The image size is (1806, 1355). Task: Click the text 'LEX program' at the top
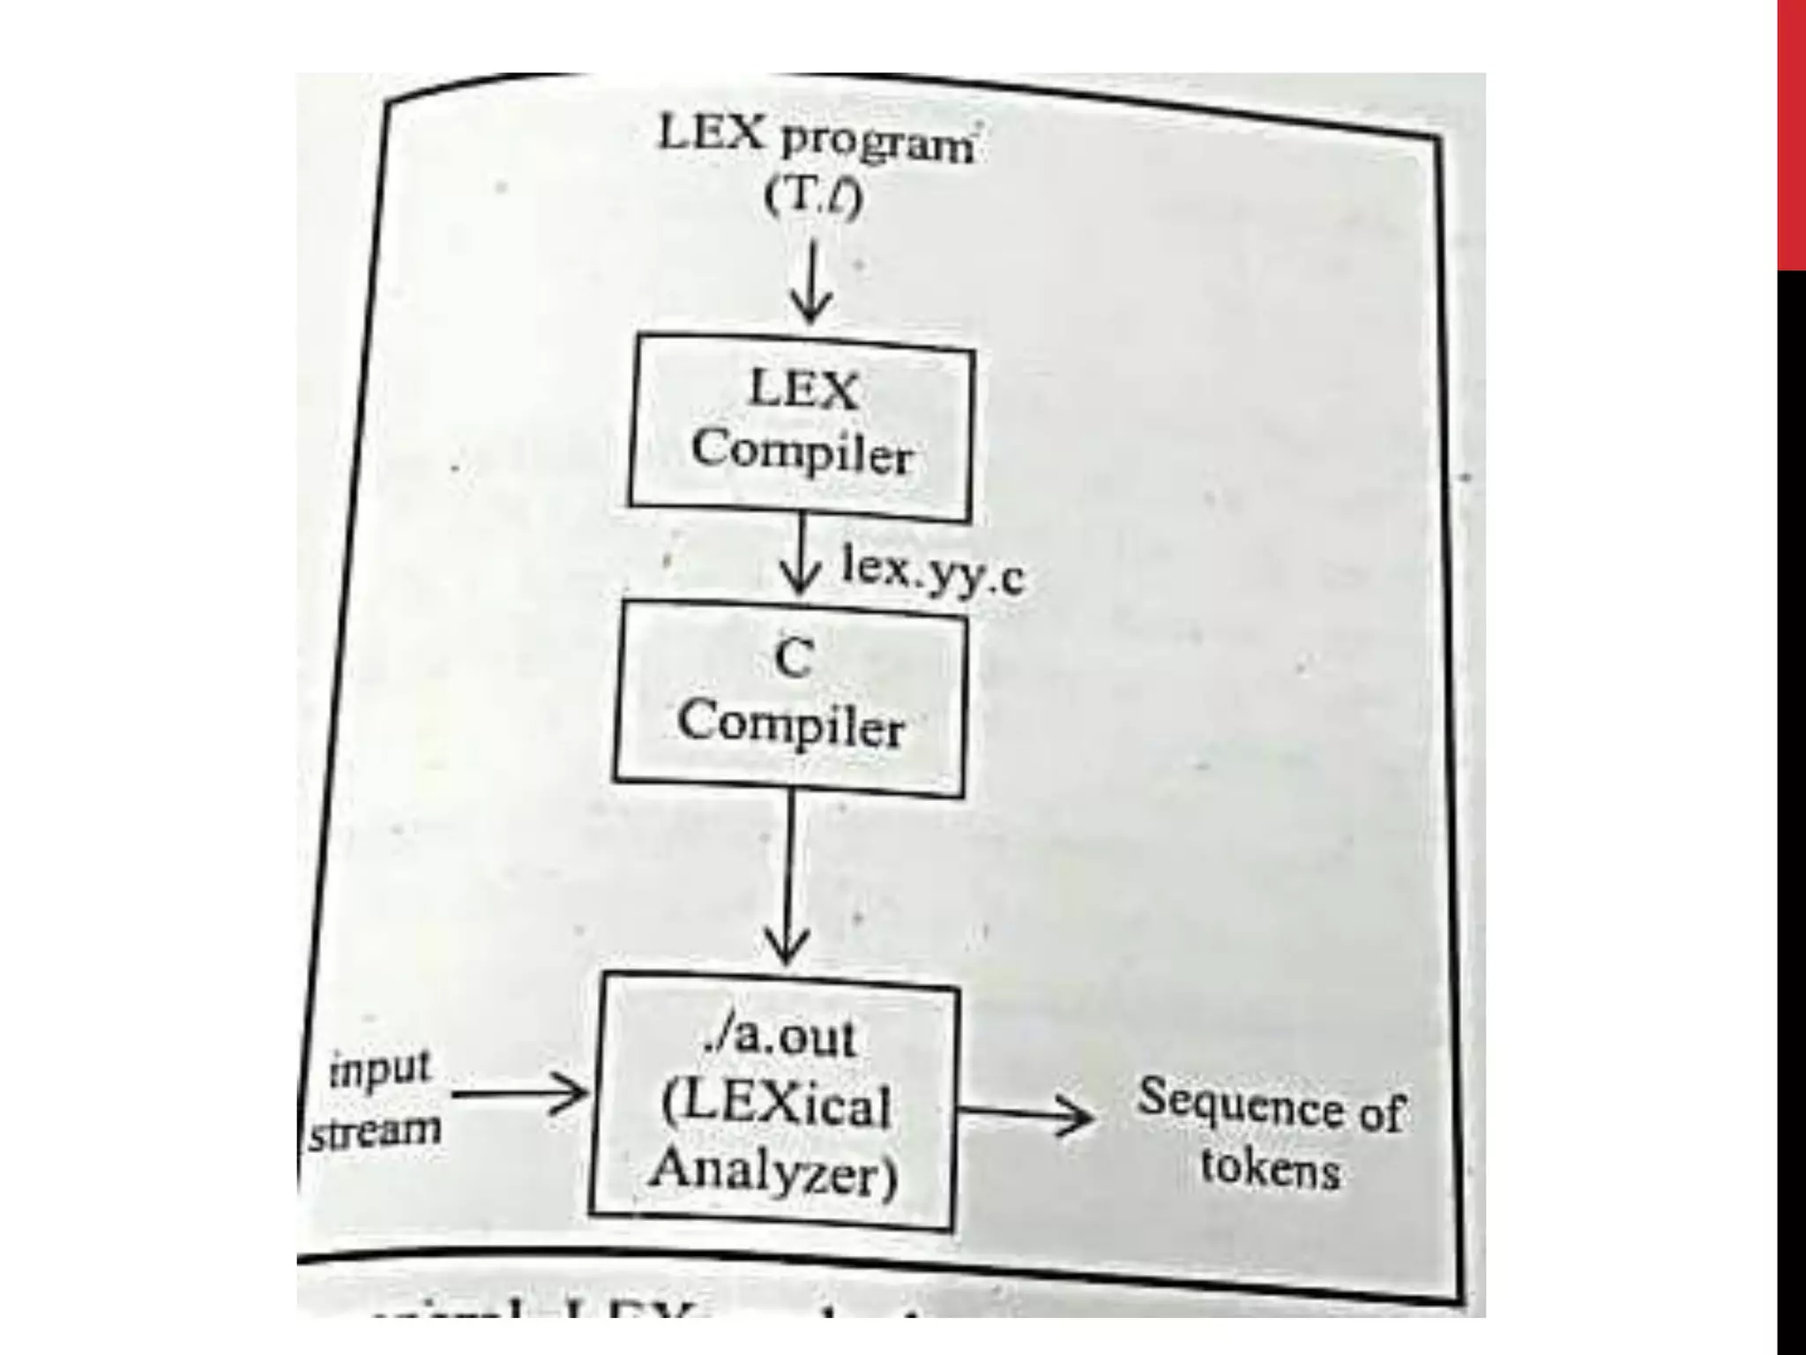[x=816, y=141]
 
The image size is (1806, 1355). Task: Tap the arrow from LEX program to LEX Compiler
[x=810, y=282]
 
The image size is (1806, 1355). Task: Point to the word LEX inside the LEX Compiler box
[x=802, y=390]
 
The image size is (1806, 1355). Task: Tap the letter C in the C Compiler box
[x=793, y=657]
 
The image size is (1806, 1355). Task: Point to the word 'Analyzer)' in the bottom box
[x=774, y=1172]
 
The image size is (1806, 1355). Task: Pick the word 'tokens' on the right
[x=1270, y=1169]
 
